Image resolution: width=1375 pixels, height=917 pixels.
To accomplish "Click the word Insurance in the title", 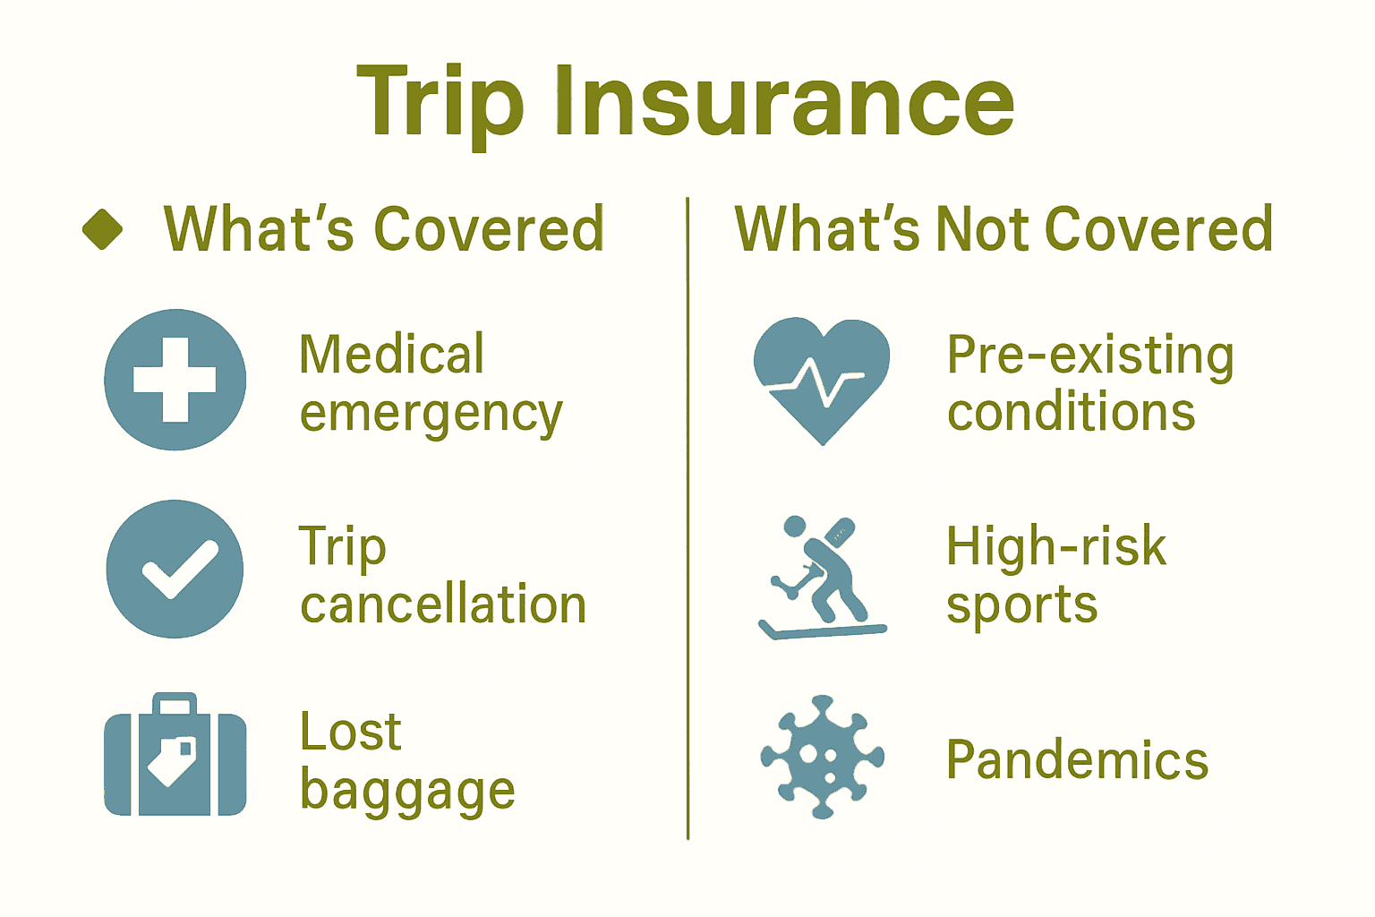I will click(784, 103).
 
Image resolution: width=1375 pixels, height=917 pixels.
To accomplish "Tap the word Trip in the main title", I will click(440, 103).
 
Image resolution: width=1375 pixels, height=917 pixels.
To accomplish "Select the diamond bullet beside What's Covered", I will click(102, 229).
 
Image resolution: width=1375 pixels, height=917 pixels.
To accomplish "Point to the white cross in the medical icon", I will click(175, 380).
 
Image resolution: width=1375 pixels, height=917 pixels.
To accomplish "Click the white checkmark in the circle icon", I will click(180, 570).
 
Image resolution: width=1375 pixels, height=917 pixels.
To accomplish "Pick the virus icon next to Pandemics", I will click(822, 757).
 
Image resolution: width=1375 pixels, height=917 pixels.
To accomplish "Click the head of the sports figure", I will click(794, 527).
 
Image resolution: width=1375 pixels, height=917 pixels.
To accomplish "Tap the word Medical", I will click(391, 354).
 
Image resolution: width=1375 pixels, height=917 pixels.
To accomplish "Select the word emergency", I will click(431, 415).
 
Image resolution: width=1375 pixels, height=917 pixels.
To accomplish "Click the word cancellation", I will click(443, 605).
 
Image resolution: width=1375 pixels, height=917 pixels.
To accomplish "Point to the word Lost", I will click(350, 733).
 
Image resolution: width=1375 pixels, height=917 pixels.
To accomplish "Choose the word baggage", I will click(407, 793).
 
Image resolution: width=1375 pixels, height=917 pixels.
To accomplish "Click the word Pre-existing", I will click(1090, 356).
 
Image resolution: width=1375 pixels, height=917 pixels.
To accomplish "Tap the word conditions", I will click(1071, 413).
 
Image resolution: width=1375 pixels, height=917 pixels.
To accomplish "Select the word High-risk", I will click(1056, 546).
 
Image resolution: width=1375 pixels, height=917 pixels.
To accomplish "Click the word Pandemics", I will click(1077, 760).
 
